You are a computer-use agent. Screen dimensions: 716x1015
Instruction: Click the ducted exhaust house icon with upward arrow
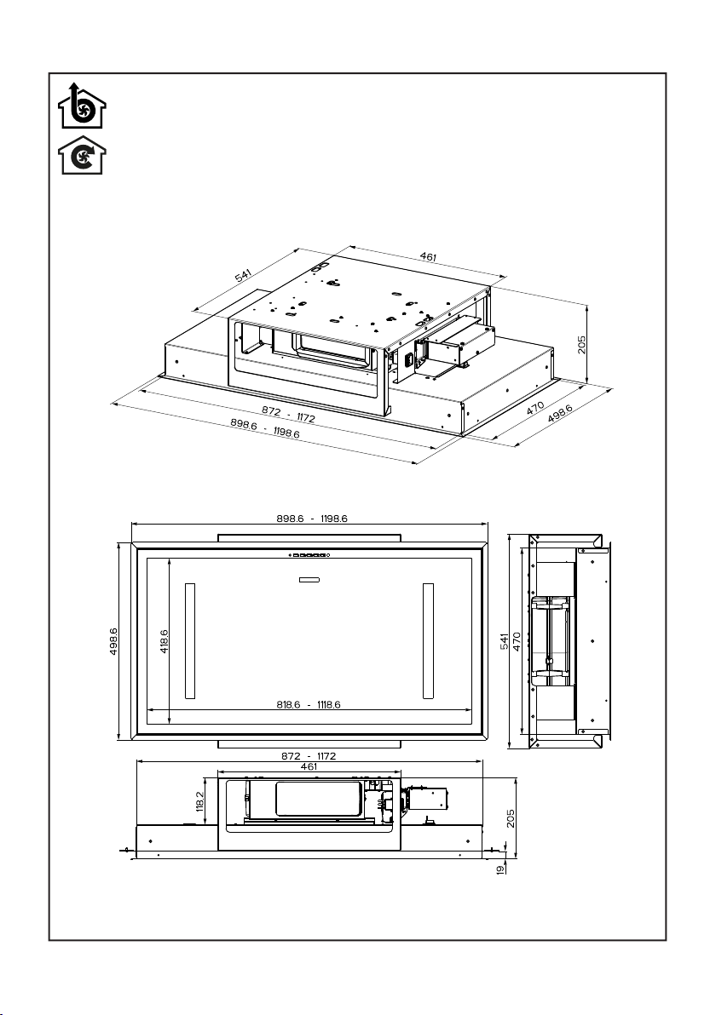click(82, 106)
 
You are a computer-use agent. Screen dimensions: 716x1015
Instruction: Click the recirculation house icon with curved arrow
click(82, 155)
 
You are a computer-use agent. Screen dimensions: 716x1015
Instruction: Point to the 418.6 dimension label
click(164, 641)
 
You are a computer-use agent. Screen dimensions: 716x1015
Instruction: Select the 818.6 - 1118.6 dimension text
click(309, 704)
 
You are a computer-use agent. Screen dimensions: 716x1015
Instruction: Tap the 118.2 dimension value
click(199, 800)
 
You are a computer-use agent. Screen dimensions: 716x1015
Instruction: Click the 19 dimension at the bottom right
click(501, 870)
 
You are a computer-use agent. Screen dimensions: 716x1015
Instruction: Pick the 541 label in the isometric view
click(243, 276)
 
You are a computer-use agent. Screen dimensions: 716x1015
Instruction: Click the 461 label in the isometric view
click(428, 257)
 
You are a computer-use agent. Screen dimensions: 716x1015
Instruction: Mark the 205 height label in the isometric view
click(581, 344)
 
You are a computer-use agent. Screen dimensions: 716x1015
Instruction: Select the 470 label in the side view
click(517, 641)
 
